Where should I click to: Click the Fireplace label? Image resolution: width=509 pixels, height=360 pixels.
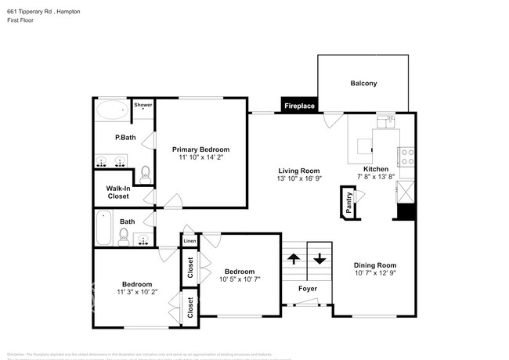point(299,106)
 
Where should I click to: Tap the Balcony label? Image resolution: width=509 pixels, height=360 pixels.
point(363,83)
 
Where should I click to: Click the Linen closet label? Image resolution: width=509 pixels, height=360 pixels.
point(190,242)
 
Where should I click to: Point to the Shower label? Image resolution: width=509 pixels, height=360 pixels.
point(143,105)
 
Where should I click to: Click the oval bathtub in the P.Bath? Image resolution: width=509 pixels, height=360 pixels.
point(113,110)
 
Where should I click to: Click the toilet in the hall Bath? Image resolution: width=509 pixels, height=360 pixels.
point(112,232)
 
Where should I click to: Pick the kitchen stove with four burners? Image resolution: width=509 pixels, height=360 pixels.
point(406,157)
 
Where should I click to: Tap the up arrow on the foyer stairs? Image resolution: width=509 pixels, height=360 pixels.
point(294,258)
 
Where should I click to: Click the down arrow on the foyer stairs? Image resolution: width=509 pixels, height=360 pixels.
point(319,258)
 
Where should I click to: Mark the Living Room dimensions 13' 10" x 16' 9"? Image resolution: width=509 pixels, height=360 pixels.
point(299,179)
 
